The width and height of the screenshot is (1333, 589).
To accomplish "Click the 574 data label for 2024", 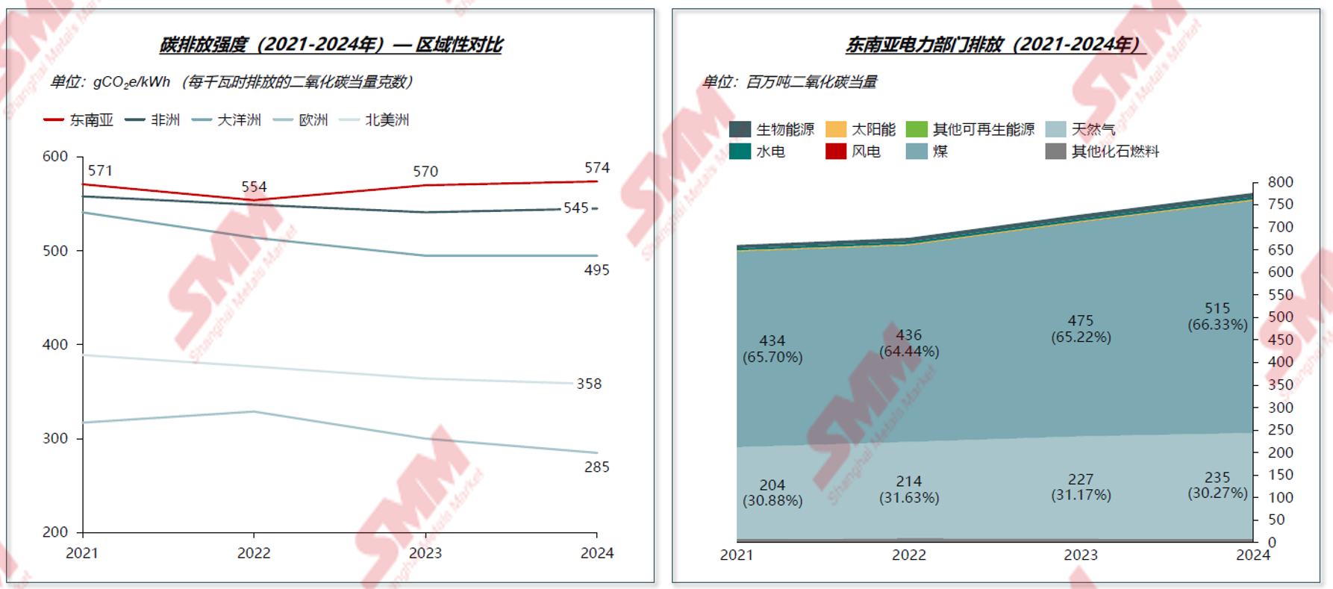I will click(597, 168).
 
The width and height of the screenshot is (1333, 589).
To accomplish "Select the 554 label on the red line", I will click(254, 187).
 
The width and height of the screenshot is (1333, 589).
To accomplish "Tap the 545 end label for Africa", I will click(575, 208).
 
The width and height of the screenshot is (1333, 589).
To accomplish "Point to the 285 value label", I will click(596, 467).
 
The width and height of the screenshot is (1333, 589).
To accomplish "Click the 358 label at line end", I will click(589, 384).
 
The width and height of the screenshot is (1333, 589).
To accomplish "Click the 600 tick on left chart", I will click(55, 157).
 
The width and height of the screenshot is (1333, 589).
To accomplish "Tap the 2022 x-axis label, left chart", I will click(254, 553).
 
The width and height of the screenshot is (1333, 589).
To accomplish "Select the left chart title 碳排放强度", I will click(331, 45).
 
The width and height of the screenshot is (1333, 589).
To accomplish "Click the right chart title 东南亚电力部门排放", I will click(995, 45).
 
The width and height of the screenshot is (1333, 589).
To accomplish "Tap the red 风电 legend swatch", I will click(836, 152).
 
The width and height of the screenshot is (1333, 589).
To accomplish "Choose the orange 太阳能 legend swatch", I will click(836, 129).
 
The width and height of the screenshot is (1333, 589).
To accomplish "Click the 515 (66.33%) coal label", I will click(1217, 317).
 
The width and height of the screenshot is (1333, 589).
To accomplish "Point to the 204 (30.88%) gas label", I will click(772, 493).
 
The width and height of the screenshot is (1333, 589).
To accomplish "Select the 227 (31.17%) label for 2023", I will click(1081, 487).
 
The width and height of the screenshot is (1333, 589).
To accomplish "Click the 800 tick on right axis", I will click(1281, 182).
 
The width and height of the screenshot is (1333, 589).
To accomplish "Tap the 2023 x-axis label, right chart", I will click(1081, 555).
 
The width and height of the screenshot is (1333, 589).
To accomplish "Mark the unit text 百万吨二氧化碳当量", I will click(811, 82).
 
